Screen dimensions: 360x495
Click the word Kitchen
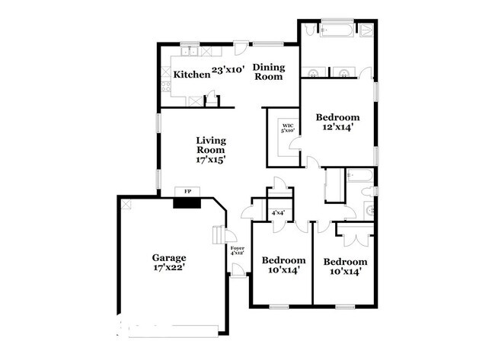(x=191, y=75)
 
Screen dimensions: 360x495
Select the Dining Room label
(x=267, y=71)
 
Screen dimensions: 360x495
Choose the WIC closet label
(x=288, y=126)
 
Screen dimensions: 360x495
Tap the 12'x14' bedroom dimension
(x=337, y=129)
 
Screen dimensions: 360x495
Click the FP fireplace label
(x=187, y=191)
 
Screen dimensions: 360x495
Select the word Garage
(x=169, y=257)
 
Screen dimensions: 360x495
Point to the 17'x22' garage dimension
(x=169, y=269)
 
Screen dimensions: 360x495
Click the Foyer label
(x=237, y=250)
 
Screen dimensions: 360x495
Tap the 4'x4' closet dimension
(x=278, y=213)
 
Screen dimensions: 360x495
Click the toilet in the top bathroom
(x=367, y=31)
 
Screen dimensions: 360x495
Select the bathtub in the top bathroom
(x=334, y=31)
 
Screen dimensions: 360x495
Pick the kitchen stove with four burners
(x=166, y=75)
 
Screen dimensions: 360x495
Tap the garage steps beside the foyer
(x=219, y=234)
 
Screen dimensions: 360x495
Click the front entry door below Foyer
(x=238, y=272)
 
